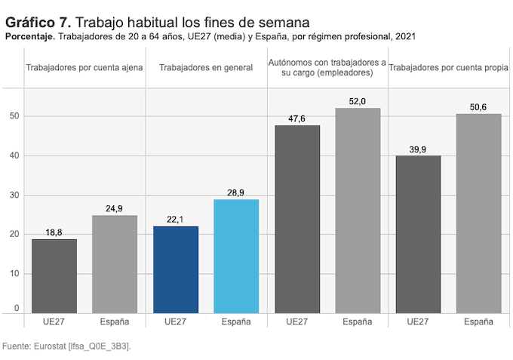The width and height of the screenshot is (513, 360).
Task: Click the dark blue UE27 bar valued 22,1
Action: pos(175,269)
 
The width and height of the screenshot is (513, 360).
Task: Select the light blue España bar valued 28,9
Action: pos(236,256)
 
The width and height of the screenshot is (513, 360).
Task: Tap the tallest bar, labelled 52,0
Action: pos(358,210)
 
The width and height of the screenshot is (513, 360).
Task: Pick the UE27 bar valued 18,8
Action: pos(54,275)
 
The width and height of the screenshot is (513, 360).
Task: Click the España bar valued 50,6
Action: pos(478,213)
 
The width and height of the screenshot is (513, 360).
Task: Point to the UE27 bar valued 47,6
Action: pos(297,219)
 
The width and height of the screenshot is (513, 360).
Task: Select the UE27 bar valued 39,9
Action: pos(418,234)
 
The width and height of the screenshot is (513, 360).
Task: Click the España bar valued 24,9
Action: pos(115,263)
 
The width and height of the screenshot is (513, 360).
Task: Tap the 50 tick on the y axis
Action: pos(14,116)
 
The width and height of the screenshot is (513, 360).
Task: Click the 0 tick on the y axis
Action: pos(16,309)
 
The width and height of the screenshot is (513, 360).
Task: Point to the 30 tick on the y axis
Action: pos(14,195)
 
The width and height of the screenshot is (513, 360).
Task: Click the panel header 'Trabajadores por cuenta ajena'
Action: pos(84,68)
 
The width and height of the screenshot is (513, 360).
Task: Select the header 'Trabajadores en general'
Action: pos(206,68)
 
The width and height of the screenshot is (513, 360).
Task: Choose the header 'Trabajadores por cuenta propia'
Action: pos(448,68)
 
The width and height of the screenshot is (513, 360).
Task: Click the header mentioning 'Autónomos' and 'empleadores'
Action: pos(327,68)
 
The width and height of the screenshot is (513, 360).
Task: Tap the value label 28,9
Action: pos(236,193)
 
